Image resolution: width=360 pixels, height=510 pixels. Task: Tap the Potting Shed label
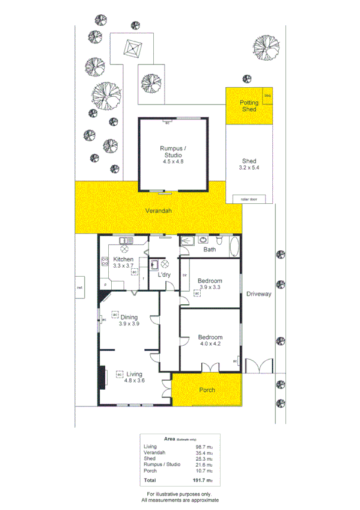(249, 106)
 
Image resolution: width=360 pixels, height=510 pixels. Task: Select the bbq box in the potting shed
(267, 95)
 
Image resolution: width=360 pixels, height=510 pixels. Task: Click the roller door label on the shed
(249, 199)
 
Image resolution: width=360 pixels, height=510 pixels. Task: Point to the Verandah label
(159, 211)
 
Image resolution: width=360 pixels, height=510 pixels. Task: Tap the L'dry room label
(165, 274)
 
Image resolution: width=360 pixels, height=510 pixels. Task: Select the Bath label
(209, 249)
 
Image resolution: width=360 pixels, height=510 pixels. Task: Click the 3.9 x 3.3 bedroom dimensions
(210, 287)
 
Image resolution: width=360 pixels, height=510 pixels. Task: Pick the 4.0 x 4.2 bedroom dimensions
(210, 344)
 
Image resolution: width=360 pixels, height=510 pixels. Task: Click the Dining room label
(129, 317)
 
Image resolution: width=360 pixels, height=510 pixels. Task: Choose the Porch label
(207, 390)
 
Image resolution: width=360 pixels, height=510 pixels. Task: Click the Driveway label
(258, 294)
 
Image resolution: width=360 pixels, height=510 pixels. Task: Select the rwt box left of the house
(80, 287)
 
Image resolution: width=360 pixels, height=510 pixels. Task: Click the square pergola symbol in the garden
(132, 48)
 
